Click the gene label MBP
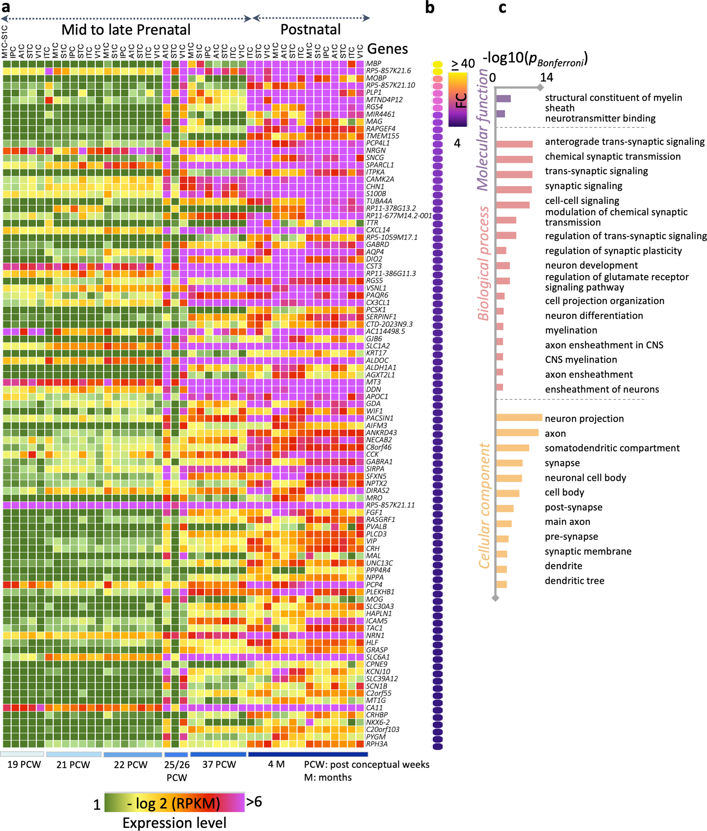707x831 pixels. pos(373,64)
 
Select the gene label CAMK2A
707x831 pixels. pos(380,179)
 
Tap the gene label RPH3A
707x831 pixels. pos(377,744)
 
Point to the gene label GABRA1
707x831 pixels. pos(379,461)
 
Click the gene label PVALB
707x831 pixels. pos(376,526)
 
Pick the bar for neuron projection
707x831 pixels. pos(519,418)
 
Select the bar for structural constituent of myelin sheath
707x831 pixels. pos(503,99)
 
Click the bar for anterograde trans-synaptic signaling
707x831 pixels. pos(514,144)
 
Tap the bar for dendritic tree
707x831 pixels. pos(501,584)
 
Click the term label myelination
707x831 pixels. pos(571,330)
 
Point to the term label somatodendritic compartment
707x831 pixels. pos(612,448)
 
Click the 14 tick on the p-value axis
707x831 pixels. pos(546,77)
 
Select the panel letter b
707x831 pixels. pos(430,8)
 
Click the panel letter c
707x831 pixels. pos(502,8)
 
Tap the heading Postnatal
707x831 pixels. pos(310,30)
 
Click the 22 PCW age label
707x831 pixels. pos(131,765)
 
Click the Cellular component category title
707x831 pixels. pos(484,506)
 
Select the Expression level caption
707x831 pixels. pos(174,823)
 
